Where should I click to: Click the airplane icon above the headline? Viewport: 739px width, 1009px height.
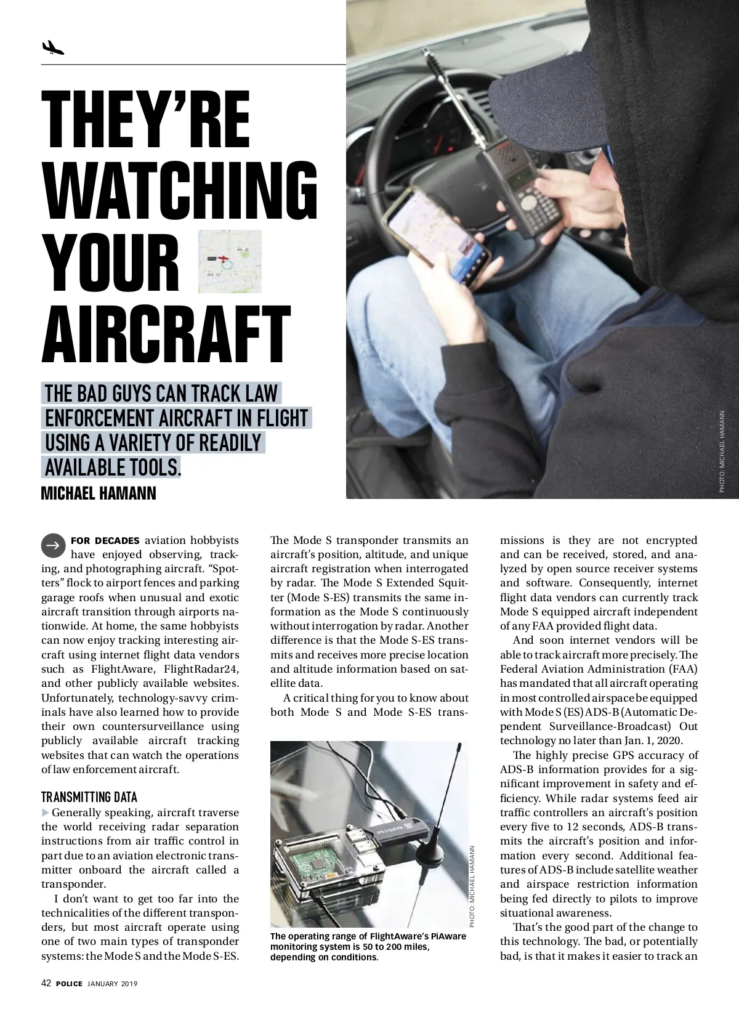pyautogui.click(x=53, y=47)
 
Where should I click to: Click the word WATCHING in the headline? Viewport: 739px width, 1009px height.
pyautogui.click(x=180, y=191)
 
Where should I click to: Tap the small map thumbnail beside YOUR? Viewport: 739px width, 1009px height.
pyautogui.click(x=230, y=261)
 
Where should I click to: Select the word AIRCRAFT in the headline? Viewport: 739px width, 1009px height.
pyautogui.click(x=166, y=336)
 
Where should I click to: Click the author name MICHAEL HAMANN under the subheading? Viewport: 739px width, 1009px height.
pyautogui.click(x=99, y=493)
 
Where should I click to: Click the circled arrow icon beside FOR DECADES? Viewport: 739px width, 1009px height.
pyautogui.click(x=53, y=545)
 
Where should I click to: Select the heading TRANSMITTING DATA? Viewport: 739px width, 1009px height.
pyautogui.click(x=89, y=797)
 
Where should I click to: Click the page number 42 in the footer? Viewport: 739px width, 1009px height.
pyautogui.click(x=46, y=983)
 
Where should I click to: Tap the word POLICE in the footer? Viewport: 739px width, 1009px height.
pyautogui.click(x=69, y=984)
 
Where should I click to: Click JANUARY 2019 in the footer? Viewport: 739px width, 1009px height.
pyautogui.click(x=113, y=984)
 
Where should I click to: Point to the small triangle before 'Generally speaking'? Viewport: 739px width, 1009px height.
pyautogui.click(x=46, y=812)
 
